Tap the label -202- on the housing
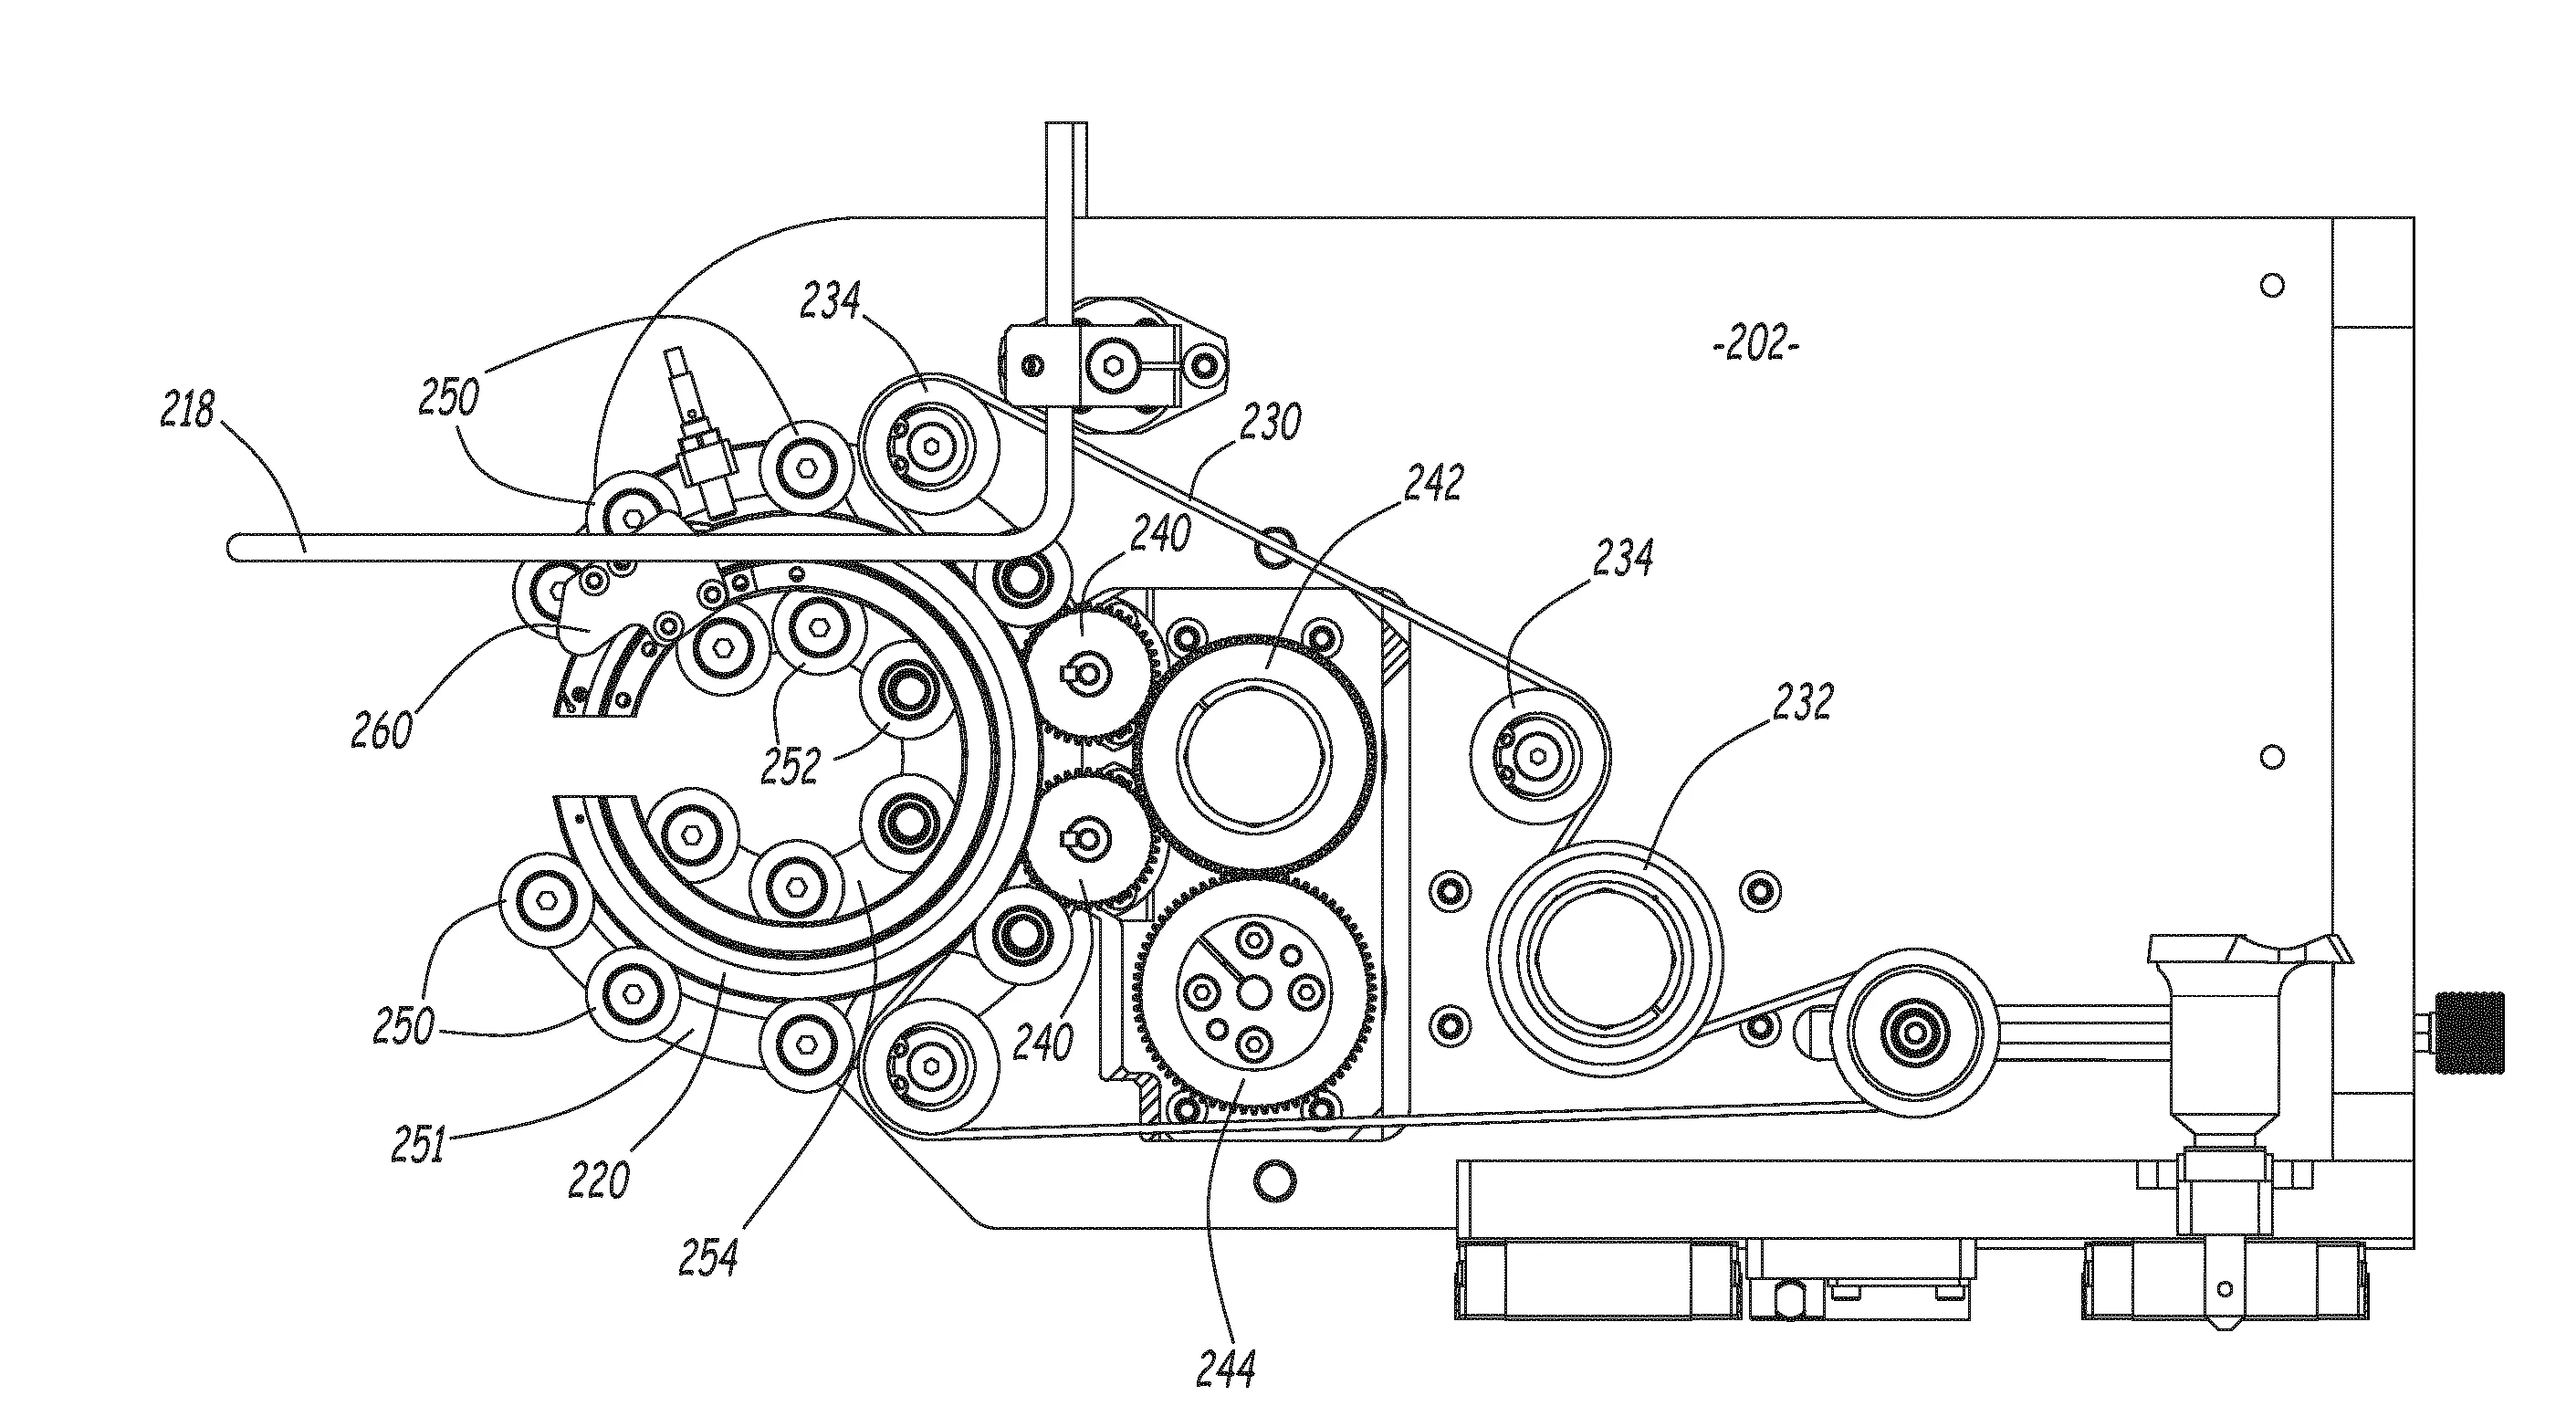(x=1756, y=345)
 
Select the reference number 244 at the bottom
(x=1225, y=1369)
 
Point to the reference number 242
(x=1433, y=483)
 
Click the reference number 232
(x=1803, y=701)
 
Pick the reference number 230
(x=1271, y=423)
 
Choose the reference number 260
(x=382, y=731)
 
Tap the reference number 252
(x=791, y=765)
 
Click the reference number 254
(x=708, y=1257)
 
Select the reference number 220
(x=599, y=1180)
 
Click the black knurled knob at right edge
(x=2472, y=1033)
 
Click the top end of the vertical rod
(x=1066, y=127)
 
